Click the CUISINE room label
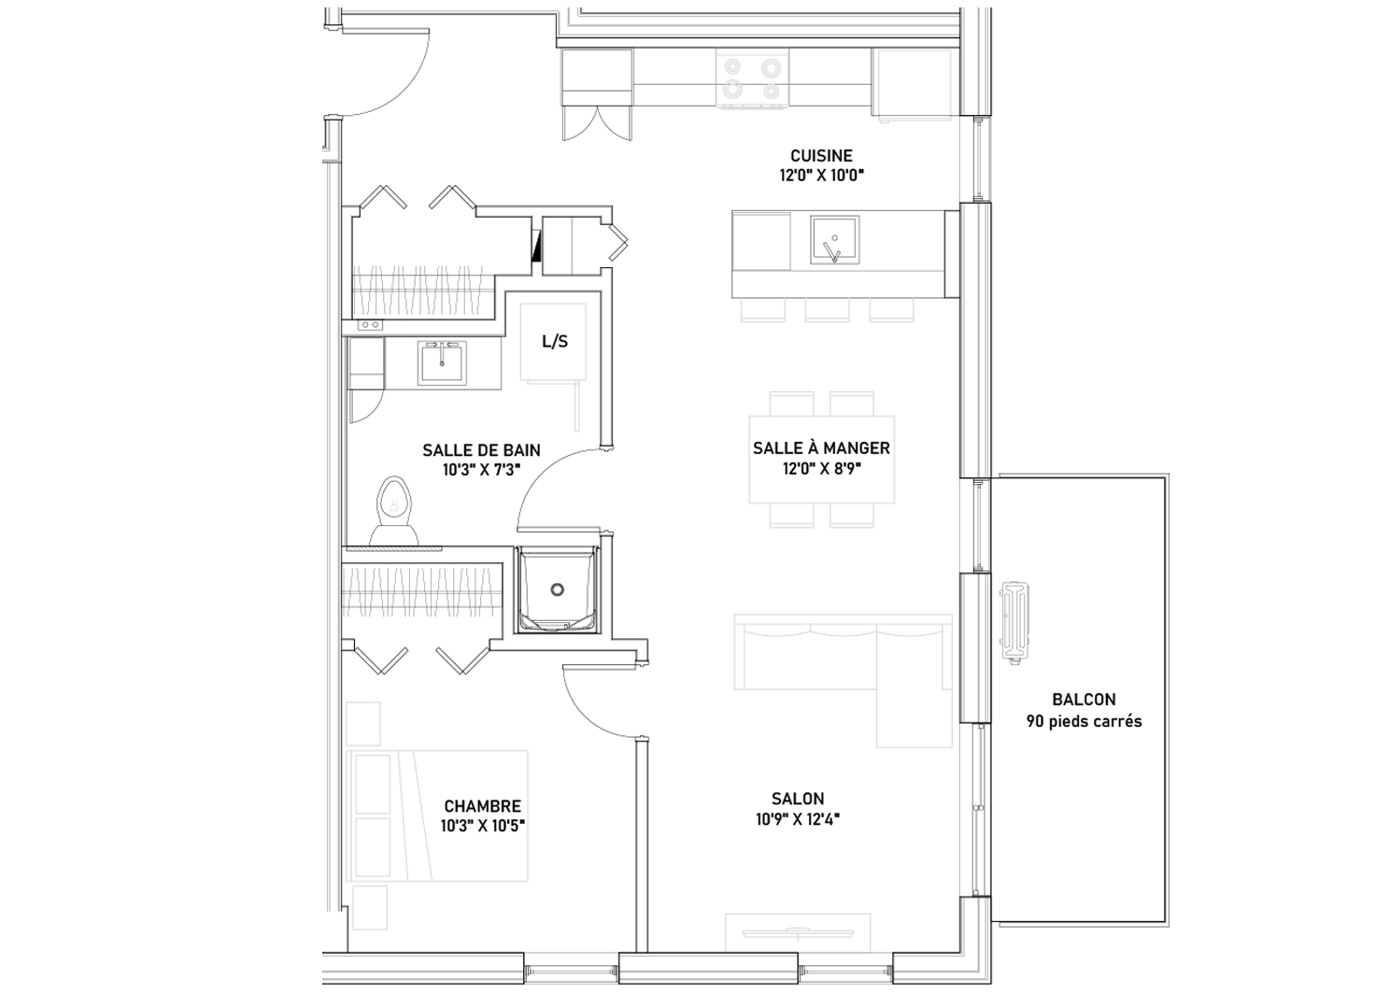[x=821, y=156]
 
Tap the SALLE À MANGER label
[x=821, y=447]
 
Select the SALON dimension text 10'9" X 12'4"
[x=798, y=819]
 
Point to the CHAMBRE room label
[x=483, y=806]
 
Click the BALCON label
[x=1084, y=700]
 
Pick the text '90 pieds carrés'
[x=1084, y=721]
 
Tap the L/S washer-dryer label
[x=555, y=341]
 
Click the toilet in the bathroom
[x=394, y=511]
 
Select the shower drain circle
[x=557, y=589]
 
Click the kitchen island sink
[x=834, y=240]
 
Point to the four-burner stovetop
[x=752, y=78]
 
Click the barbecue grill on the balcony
[x=1014, y=622]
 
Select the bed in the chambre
[x=437, y=815]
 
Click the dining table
[x=821, y=460]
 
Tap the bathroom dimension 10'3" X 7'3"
[x=481, y=470]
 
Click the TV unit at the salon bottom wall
[x=798, y=934]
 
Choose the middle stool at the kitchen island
[x=827, y=309]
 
